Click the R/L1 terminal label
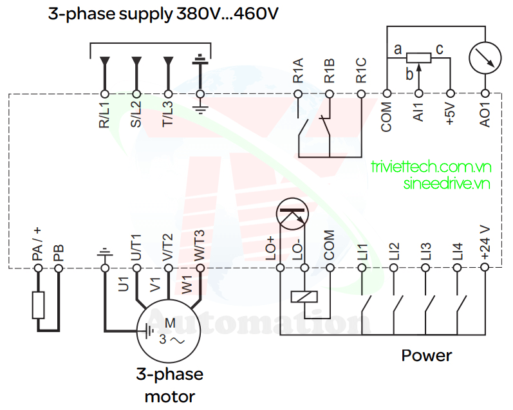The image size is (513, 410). (x=104, y=113)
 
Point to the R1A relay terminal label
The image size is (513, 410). (x=298, y=70)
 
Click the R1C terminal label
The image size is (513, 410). (x=361, y=70)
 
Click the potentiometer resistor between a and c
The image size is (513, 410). (x=418, y=58)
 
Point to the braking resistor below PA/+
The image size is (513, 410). (x=38, y=305)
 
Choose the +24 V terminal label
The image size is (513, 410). (x=485, y=243)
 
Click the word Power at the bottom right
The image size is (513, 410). (x=427, y=355)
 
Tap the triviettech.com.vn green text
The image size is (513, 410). (x=431, y=167)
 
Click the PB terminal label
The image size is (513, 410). (x=59, y=252)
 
